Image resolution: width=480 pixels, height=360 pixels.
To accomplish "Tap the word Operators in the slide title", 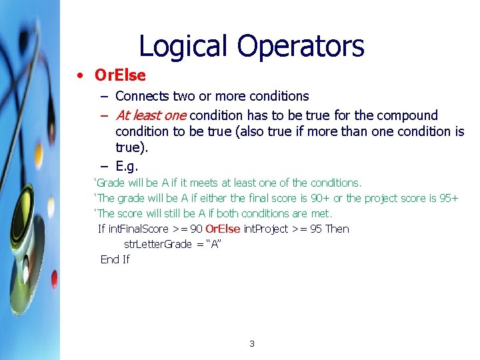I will pos(301,47).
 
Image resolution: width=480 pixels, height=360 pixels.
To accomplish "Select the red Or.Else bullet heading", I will pos(120,75).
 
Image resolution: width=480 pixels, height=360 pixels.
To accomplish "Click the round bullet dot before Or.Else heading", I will pos(79,75).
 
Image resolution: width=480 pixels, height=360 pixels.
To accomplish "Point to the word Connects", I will pos(143,97).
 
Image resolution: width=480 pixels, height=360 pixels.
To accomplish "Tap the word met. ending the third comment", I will pos(321,213).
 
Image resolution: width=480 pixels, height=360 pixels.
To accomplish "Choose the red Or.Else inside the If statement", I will pos(223,229).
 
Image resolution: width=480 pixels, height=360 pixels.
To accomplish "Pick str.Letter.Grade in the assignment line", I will pos(158,244).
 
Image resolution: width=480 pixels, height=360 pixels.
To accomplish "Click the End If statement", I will pos(115,259).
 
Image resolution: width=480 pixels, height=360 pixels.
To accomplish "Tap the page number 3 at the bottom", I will pos(251,344).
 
